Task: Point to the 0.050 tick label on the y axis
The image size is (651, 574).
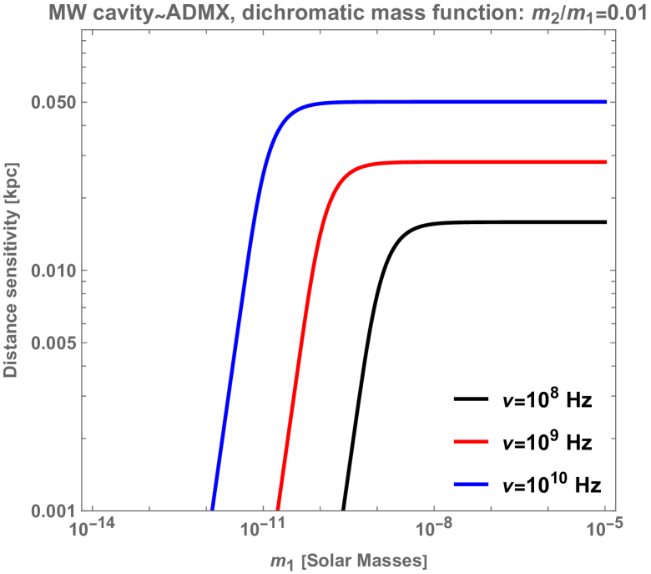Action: (53, 103)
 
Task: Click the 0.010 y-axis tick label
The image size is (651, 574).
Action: (53, 271)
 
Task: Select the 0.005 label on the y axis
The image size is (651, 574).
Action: (53, 343)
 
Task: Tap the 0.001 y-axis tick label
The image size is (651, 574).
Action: (53, 510)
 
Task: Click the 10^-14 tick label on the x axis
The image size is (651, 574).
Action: (90, 529)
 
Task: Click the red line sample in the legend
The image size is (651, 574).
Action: (471, 440)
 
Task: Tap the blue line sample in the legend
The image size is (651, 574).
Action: (471, 484)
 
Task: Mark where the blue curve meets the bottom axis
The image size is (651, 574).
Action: (212, 509)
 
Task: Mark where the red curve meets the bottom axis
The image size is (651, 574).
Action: (277, 509)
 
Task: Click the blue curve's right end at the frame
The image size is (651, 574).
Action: (607, 102)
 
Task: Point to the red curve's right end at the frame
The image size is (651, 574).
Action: (607, 162)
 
